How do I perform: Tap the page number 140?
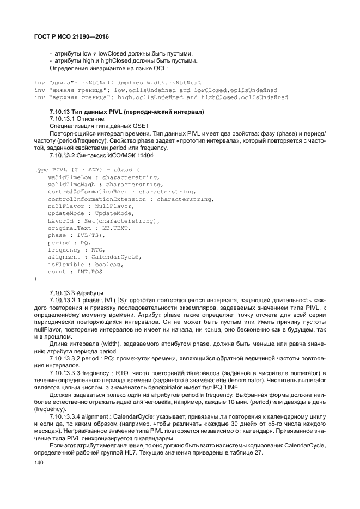coord(39,463)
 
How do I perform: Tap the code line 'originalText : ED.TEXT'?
coord(89,228)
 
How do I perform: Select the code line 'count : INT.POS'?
coord(75,271)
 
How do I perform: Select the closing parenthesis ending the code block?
coord(35,278)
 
